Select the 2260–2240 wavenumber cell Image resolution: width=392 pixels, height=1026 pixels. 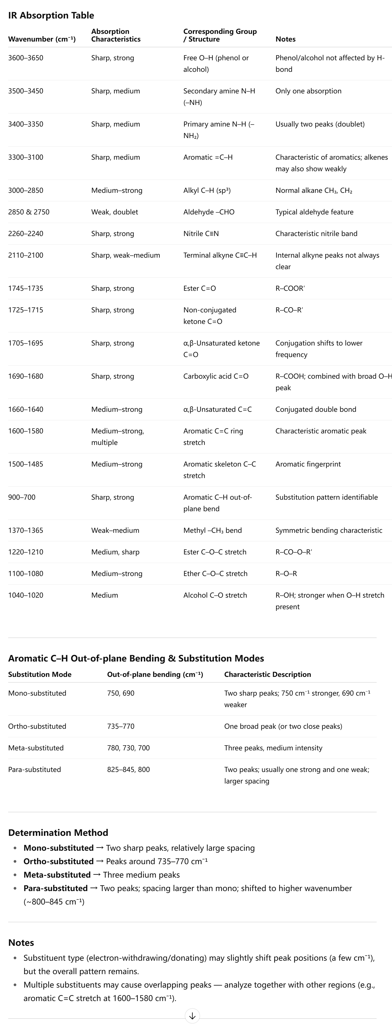25,234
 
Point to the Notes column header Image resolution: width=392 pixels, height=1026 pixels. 285,39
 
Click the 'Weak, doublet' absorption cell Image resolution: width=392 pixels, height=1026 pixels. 115,212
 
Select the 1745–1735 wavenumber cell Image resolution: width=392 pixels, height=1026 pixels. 25,288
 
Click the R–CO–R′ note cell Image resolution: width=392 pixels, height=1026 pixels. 289,310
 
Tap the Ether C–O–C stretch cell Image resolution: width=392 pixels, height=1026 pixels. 215,574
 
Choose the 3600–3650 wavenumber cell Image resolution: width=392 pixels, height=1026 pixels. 25,58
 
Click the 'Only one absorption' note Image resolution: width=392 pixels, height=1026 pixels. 308,91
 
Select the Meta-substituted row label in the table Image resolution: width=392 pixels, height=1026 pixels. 36,748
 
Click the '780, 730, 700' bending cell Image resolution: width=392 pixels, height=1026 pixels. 128,748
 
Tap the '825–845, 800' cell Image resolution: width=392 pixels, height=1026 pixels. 128,770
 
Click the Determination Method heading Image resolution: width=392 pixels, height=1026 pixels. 58,832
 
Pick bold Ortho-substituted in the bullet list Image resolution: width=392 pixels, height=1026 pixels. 59,861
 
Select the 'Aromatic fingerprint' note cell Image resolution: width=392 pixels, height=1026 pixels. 308,464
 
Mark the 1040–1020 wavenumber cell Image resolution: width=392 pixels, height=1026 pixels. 25,595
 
